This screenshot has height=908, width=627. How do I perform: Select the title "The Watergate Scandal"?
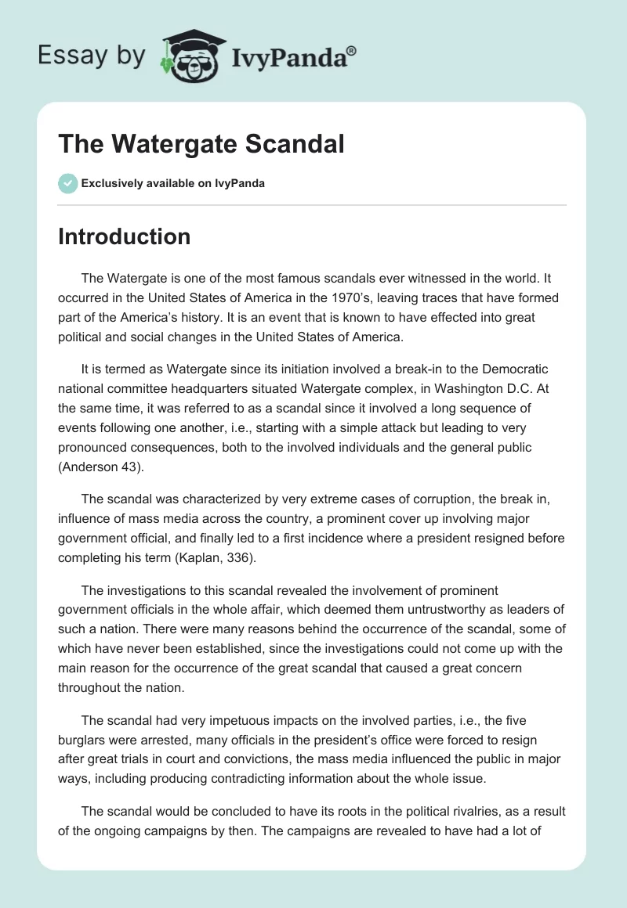[x=201, y=145]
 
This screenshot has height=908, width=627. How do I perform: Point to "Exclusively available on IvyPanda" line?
[x=173, y=183]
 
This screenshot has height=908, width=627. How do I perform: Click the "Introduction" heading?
[x=124, y=236]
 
